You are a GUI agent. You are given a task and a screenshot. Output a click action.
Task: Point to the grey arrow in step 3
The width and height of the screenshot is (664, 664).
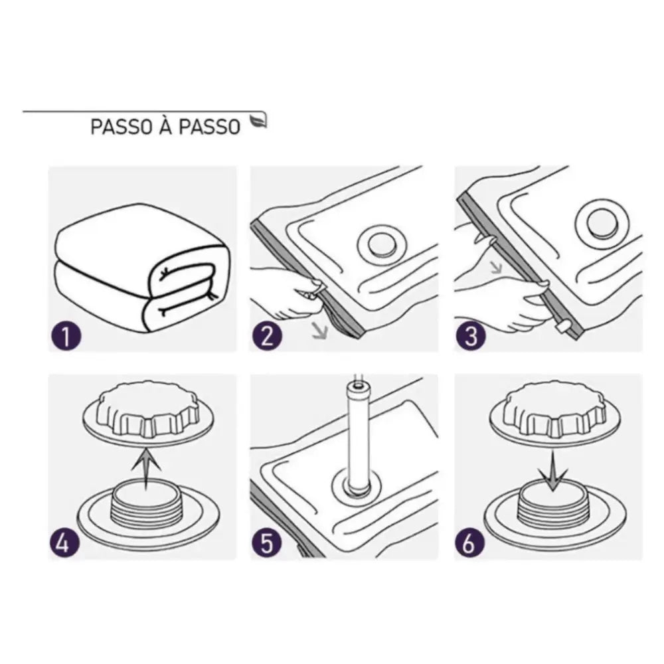point(495,269)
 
